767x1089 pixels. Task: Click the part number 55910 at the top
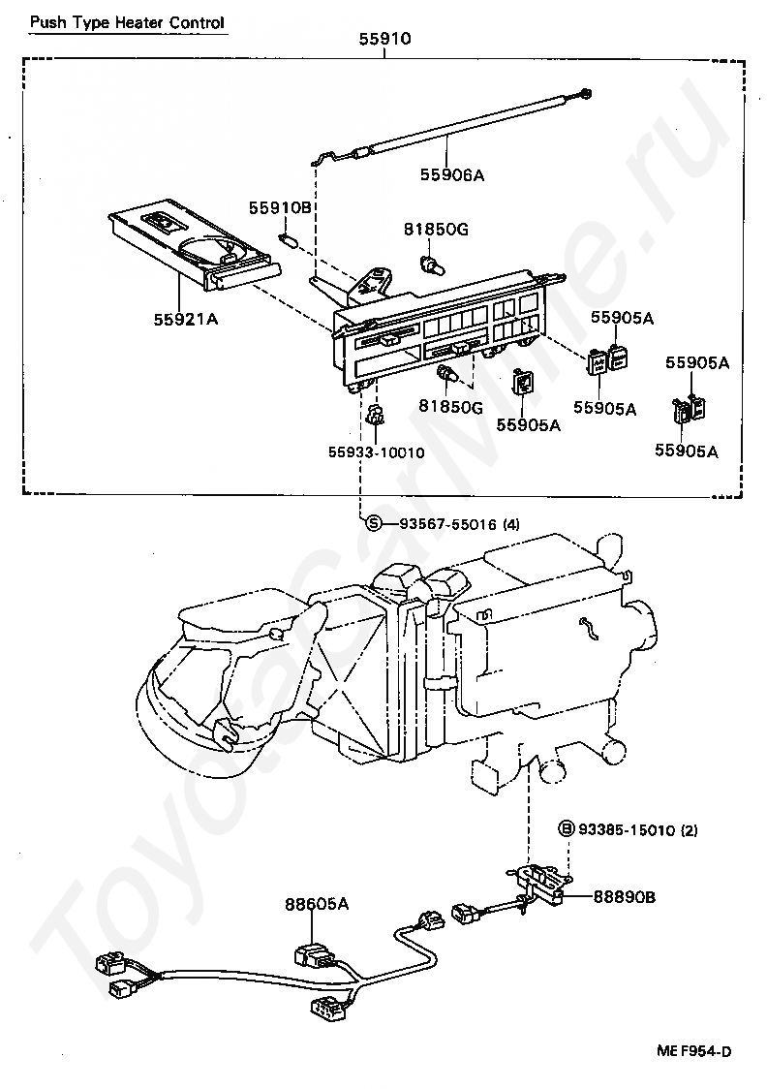click(384, 39)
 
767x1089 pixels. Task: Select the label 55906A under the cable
click(452, 175)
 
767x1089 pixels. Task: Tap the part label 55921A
click(185, 319)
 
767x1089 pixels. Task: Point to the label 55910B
click(281, 207)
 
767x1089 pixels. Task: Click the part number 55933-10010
click(376, 452)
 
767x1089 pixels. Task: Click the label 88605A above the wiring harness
click(317, 904)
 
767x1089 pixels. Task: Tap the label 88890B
click(624, 896)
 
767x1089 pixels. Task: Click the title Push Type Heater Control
click(127, 23)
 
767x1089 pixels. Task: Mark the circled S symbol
click(374, 523)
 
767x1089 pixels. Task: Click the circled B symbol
click(568, 829)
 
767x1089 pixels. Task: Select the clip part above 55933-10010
click(375, 416)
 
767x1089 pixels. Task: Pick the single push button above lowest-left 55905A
click(522, 382)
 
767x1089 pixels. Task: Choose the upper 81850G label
click(436, 229)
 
